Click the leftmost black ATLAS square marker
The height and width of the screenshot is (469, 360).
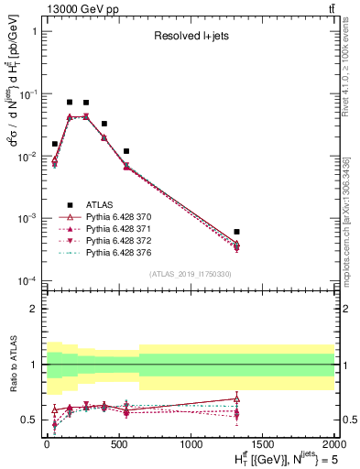point(55,144)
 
